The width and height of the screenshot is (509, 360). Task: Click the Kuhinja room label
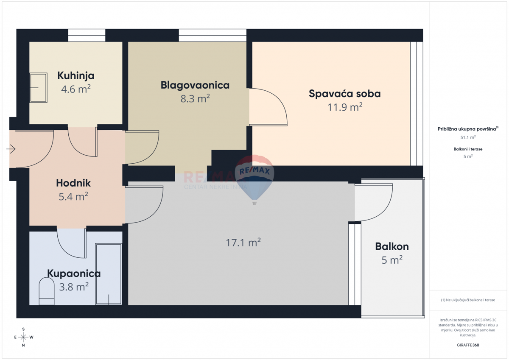tap(76, 76)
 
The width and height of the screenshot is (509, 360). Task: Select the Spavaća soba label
tap(344, 94)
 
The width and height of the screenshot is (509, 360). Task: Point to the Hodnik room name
tap(73, 183)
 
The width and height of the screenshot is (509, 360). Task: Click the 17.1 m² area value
tap(243, 243)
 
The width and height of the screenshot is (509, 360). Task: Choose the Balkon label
tap(392, 246)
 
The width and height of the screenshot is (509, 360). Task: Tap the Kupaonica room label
tap(74, 273)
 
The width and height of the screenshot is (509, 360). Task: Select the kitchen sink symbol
tap(38, 87)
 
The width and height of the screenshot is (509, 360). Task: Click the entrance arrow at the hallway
tap(11, 149)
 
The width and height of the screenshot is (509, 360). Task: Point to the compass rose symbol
tap(23, 337)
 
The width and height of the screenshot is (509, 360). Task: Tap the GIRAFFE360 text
tap(468, 345)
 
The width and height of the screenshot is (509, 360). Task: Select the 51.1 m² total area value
tap(468, 137)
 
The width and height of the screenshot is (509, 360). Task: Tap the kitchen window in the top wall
tap(87, 35)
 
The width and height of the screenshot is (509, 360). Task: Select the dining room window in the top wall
tap(212, 35)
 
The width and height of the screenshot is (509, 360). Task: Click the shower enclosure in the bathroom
tap(109, 274)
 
